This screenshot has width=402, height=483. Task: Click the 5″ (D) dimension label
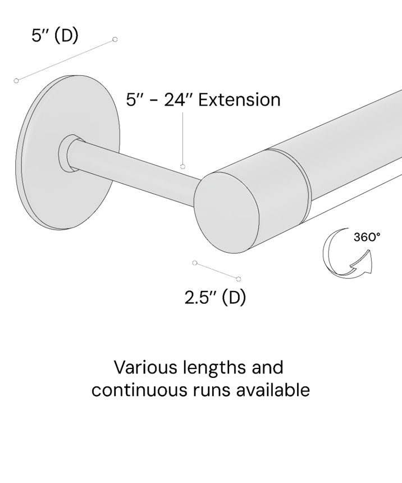[x=55, y=35]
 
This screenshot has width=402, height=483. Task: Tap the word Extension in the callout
[x=239, y=100]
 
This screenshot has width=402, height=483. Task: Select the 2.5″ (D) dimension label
[x=216, y=298]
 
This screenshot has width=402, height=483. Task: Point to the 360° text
[x=367, y=237]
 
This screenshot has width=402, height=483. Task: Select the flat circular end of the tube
[x=226, y=212]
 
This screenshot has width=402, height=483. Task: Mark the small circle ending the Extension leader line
[x=182, y=167]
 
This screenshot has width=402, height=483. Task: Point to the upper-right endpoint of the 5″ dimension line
[x=115, y=39]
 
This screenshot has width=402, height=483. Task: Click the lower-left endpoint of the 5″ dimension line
[x=16, y=81]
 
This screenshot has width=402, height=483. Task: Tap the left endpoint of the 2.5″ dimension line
[x=195, y=263]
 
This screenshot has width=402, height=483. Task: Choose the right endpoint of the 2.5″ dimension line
[x=239, y=279]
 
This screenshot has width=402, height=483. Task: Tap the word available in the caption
[x=273, y=390]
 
